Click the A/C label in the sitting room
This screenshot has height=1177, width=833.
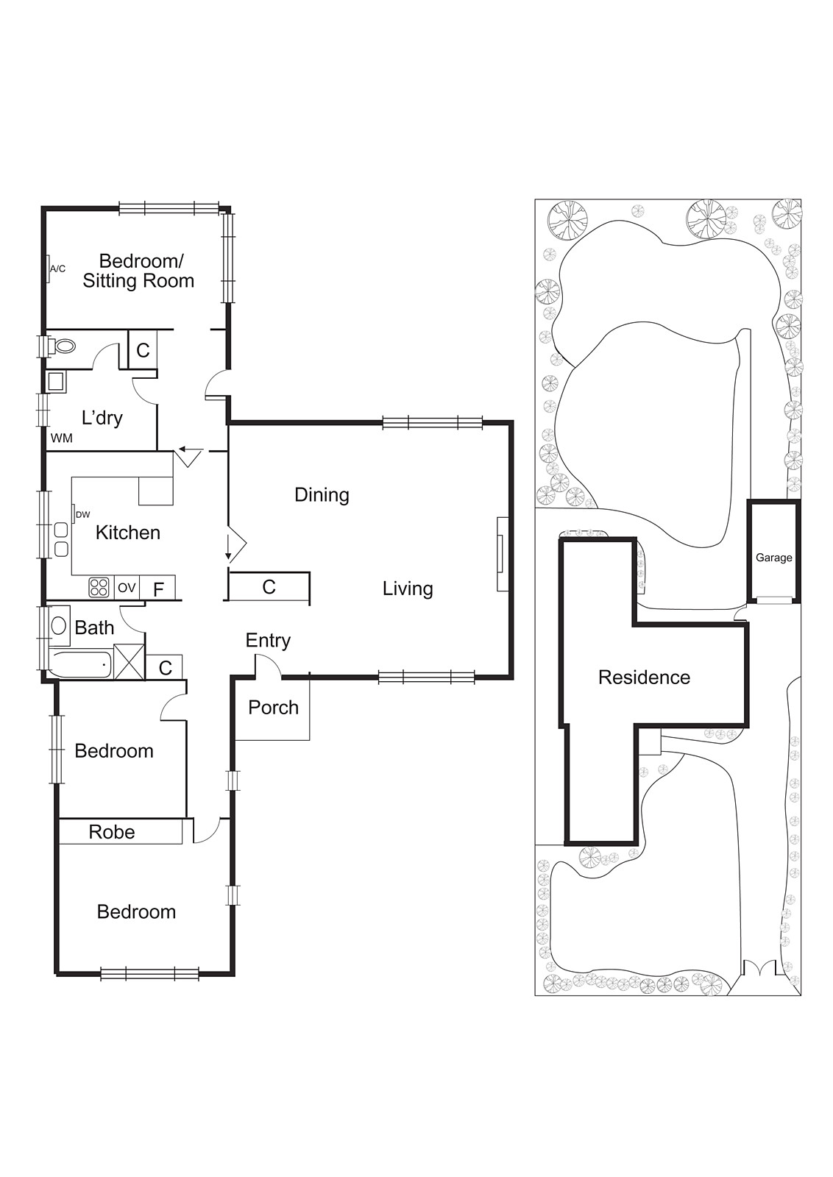tap(58, 269)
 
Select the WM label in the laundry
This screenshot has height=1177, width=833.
tap(62, 438)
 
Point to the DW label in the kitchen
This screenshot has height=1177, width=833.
tap(83, 515)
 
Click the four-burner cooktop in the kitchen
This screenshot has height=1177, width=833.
tap(99, 588)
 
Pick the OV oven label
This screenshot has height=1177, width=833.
tap(127, 588)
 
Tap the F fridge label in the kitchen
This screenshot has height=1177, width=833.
tap(158, 589)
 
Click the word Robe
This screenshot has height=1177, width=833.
tap(111, 832)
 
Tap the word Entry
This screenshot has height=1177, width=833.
tap(268, 641)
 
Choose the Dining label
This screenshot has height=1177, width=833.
tap(322, 495)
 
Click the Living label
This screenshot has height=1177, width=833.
tap(408, 588)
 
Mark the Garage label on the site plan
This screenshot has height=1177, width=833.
tap(773, 558)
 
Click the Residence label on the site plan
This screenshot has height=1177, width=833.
tap(644, 678)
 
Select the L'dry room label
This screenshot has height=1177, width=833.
tap(102, 418)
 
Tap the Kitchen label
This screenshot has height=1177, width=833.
tap(128, 533)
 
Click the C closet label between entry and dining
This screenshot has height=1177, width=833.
tap(269, 587)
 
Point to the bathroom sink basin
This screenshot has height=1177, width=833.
tap(58, 626)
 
